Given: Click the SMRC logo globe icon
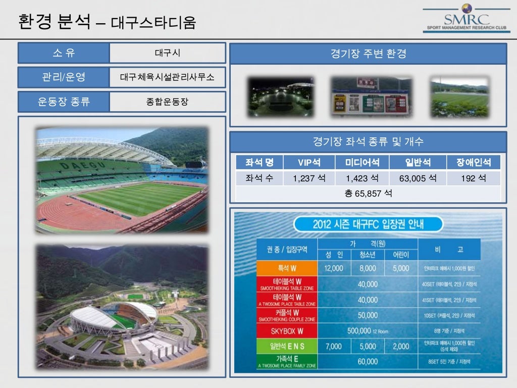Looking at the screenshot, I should point(467,9).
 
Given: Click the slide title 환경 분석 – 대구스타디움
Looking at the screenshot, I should point(107,23).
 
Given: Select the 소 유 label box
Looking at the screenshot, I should point(64,53).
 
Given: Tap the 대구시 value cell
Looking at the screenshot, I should point(167,53).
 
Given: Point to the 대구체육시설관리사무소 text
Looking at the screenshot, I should point(167,77).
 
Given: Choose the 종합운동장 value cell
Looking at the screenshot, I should point(167,102).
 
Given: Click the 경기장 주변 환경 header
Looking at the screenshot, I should point(368,54).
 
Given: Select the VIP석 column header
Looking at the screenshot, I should point(309,162).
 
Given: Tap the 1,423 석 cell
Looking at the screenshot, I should point(362,178).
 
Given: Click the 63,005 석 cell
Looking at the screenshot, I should point(418,178).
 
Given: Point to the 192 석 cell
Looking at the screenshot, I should point(474,178).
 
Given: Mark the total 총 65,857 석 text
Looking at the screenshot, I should point(368,193).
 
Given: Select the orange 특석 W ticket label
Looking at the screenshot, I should point(287,268).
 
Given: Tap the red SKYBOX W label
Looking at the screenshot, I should point(287,331).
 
